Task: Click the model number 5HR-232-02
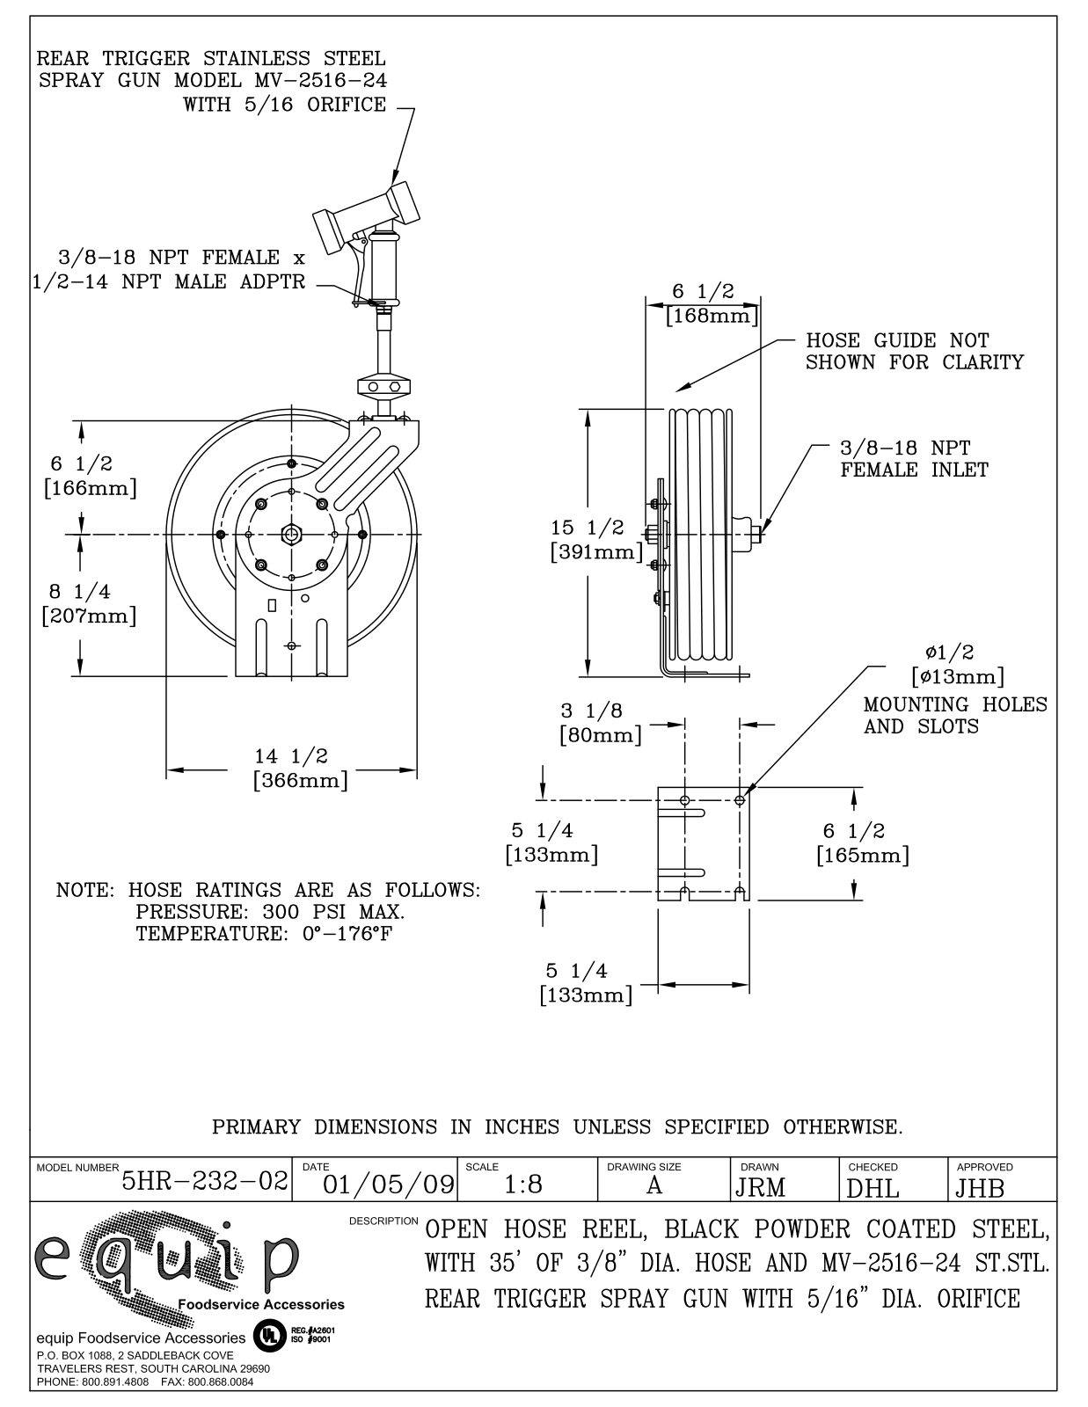[205, 1180]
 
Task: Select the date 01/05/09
[389, 1185]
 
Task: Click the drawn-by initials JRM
[760, 1188]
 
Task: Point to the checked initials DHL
[873, 1188]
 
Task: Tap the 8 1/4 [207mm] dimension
[89, 603]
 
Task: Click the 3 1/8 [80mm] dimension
[602, 723]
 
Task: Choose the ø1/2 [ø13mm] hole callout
[955, 665]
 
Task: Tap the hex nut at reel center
[291, 535]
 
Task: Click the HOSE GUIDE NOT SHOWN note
[913, 351]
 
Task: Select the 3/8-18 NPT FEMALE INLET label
[912, 459]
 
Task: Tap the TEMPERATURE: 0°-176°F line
[263, 934]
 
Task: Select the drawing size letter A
[654, 1185]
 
